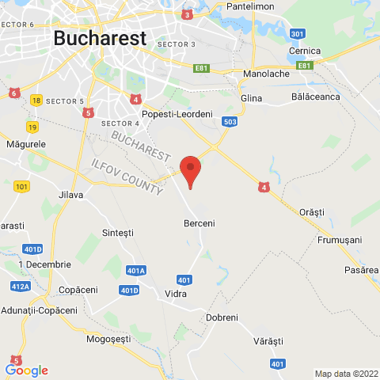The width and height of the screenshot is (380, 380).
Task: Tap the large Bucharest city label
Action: point(100,37)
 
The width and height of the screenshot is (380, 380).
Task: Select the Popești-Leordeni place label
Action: point(177,115)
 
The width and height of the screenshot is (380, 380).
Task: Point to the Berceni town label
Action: point(199,223)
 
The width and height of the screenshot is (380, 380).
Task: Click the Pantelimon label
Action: point(272,6)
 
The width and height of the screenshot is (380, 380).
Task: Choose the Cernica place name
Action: point(305,51)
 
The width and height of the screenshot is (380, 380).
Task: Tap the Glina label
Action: point(251,98)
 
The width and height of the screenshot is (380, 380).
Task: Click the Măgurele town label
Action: point(25,144)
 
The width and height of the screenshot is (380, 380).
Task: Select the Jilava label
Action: point(71,194)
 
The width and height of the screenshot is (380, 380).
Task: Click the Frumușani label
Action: point(339,239)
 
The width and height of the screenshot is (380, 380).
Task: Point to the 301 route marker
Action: point(298,34)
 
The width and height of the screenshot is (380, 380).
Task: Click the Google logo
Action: point(26,370)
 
